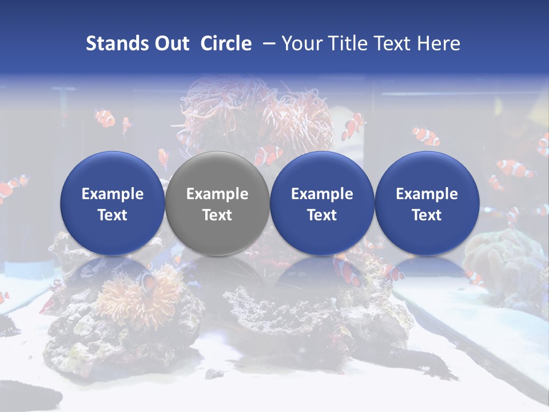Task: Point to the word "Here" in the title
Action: (x=439, y=43)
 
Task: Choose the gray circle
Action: (x=217, y=203)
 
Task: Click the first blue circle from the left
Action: (x=112, y=203)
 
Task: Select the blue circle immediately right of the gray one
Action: (x=322, y=203)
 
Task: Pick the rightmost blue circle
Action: (x=427, y=203)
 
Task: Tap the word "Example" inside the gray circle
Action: (x=217, y=194)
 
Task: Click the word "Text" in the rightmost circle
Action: (x=427, y=215)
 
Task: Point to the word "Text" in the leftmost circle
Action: (x=112, y=215)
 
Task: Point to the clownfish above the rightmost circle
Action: (x=426, y=135)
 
